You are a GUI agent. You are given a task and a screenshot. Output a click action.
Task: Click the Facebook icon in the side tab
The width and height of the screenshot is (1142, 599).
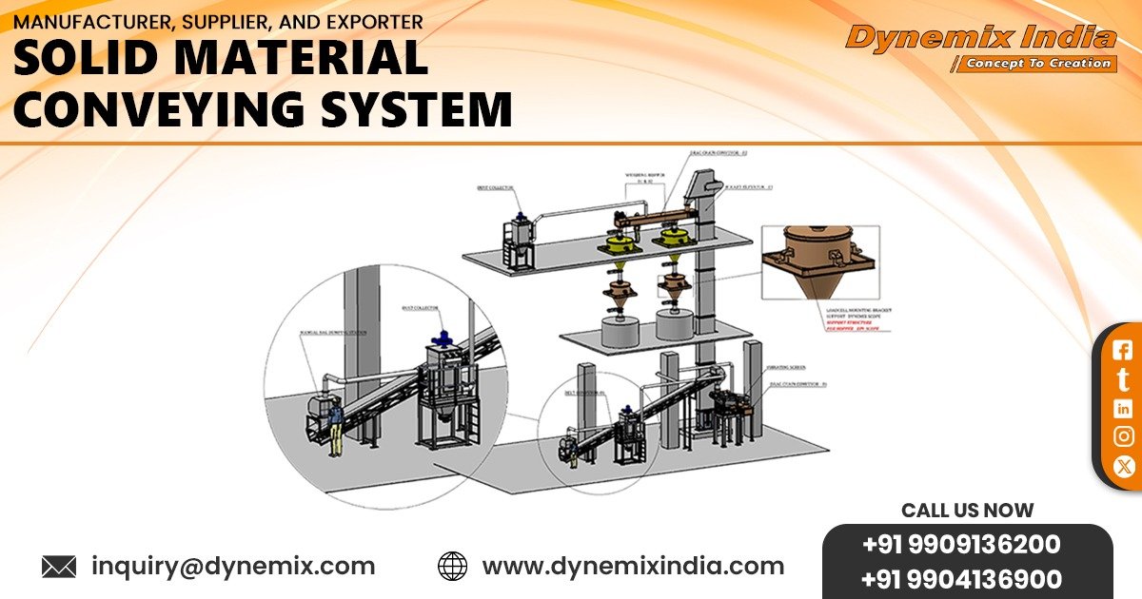point(1123,350)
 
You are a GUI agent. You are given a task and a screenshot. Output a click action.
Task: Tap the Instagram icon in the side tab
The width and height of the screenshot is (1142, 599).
point(1123,436)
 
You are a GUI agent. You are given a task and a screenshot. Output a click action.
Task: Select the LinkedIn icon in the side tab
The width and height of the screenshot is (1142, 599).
point(1123,408)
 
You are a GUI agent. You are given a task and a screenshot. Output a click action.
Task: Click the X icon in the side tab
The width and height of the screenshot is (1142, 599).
point(1123,466)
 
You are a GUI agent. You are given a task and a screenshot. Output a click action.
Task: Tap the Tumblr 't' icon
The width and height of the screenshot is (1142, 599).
point(1123,379)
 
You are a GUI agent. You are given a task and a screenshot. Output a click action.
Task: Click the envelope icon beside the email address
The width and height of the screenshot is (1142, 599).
point(59,568)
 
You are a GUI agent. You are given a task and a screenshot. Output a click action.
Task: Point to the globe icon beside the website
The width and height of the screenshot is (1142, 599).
point(452,567)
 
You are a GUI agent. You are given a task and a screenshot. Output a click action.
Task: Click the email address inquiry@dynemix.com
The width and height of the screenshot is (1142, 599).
point(233,567)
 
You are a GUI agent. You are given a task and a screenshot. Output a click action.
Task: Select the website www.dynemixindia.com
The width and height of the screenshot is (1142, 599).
point(633,567)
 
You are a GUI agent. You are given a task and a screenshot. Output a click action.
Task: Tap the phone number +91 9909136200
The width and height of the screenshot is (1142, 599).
point(961,546)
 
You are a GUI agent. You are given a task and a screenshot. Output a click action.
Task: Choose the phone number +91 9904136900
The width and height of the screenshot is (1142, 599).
point(961,579)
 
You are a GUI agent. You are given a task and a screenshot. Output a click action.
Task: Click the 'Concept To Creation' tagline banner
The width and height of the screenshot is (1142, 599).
point(1036,64)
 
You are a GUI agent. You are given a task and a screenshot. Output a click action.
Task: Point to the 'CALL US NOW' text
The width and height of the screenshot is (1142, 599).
point(967,511)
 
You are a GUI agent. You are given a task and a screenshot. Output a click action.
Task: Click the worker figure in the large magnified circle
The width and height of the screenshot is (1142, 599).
point(334,419)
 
